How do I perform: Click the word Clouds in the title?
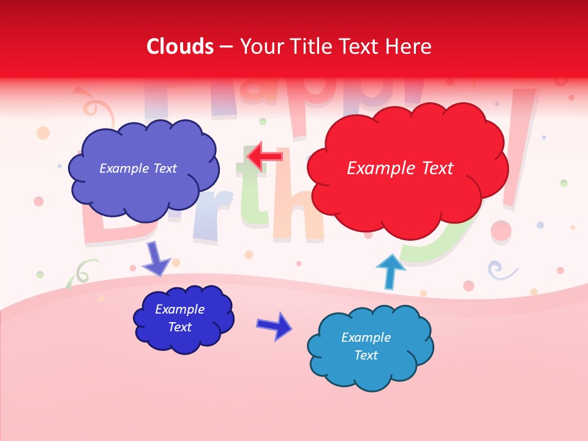tap(180, 47)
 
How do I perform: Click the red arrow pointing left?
tap(265, 157)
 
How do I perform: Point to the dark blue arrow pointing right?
tap(274, 325)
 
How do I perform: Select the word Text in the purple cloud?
tap(163, 168)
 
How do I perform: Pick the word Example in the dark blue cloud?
tap(179, 309)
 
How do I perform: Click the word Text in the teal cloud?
tap(366, 355)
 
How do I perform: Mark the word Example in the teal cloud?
tap(366, 337)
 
